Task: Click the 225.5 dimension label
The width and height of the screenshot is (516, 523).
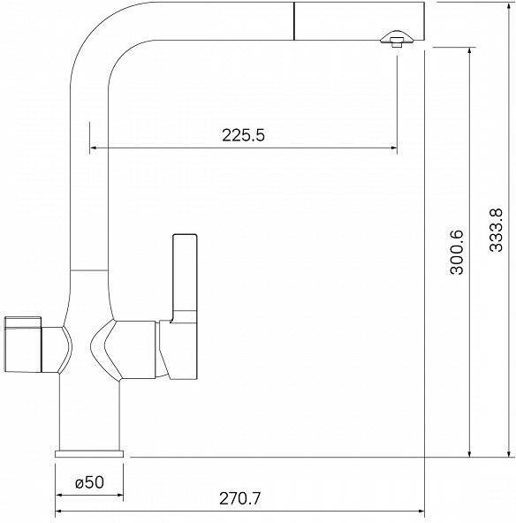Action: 243,135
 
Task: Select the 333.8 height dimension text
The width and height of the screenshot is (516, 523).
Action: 496,231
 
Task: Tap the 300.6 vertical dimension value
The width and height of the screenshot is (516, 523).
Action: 457,252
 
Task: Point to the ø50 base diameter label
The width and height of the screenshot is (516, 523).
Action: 89,482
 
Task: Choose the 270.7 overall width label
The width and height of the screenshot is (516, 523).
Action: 239,498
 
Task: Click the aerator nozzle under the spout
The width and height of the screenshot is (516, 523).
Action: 397,39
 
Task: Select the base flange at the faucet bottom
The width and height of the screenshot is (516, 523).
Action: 89,453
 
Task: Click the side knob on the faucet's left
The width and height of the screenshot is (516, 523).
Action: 23,345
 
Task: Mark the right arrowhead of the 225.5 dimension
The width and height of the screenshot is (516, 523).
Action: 393,148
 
